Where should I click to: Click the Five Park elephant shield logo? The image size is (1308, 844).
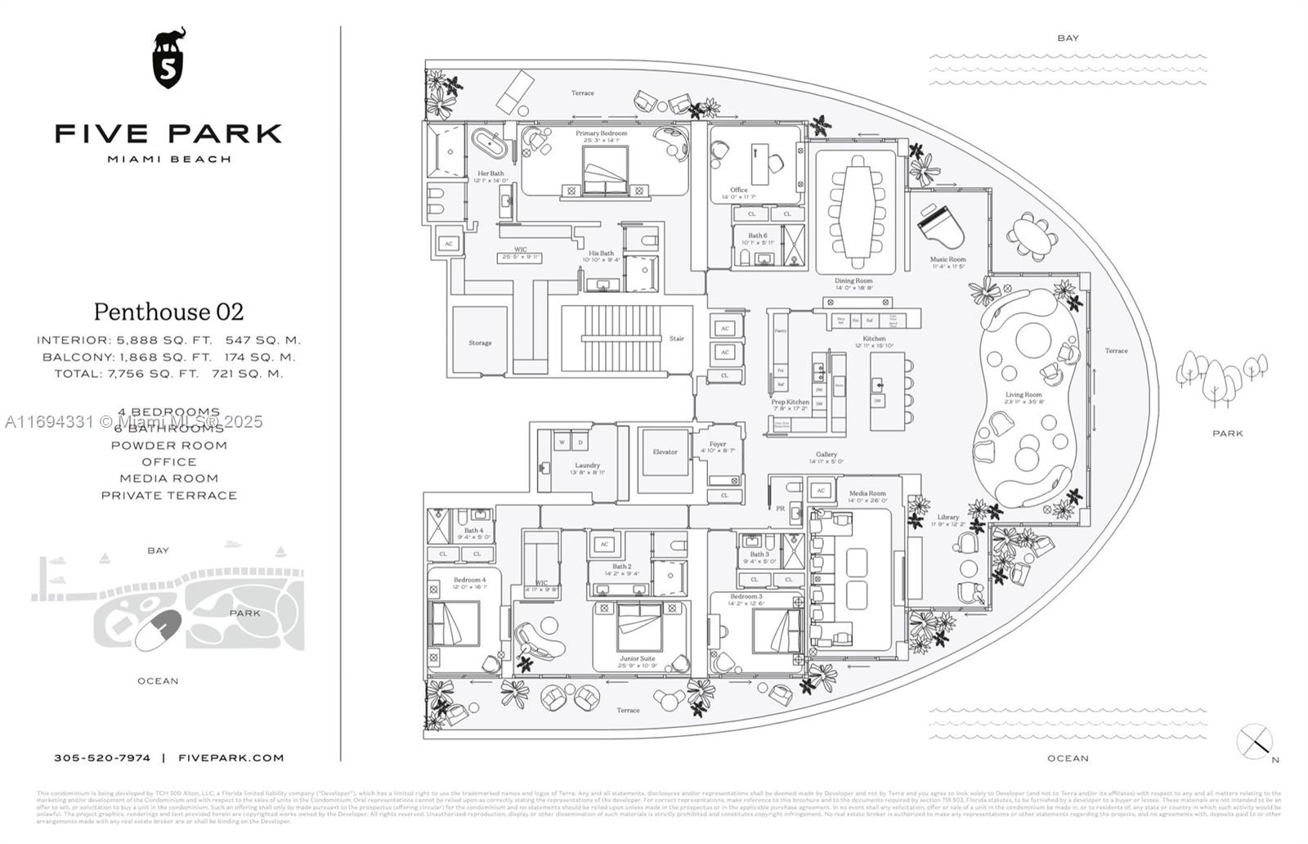169,59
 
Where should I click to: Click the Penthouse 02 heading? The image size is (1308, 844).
168,312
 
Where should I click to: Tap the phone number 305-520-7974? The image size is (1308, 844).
102,758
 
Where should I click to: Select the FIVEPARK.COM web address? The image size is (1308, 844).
231,758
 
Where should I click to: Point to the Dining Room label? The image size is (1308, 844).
853,281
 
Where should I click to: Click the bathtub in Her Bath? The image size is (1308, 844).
489,146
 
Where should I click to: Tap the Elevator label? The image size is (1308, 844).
665,451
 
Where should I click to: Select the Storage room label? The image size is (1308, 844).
480,343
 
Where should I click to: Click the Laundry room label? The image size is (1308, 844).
587,465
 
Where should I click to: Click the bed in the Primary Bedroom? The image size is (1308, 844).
605,171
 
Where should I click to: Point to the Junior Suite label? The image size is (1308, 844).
637,658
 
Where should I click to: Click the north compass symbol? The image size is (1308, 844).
1254,742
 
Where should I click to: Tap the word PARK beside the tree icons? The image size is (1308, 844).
1227,433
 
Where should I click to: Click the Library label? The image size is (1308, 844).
947,517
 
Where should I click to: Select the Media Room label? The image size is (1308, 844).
867,493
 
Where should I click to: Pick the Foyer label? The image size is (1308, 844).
718,444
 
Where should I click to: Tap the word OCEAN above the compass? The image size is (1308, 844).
1068,758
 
